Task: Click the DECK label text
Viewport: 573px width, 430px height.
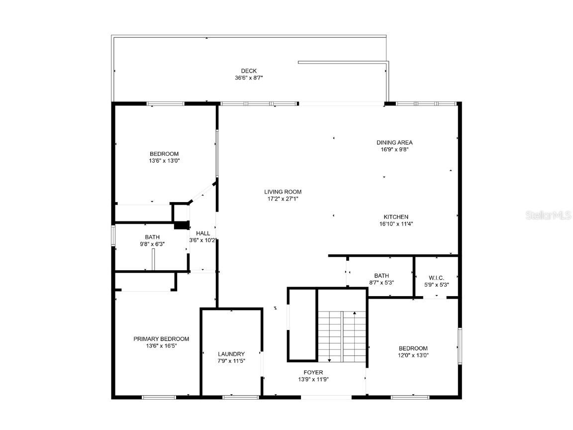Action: click(x=249, y=71)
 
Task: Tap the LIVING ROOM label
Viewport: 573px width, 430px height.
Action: click(x=283, y=192)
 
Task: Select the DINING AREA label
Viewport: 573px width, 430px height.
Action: click(x=394, y=142)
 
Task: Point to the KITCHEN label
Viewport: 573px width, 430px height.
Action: click(x=396, y=217)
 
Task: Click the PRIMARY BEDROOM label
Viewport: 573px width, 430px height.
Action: click(x=161, y=339)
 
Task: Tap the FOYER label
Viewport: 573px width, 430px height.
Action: click(x=313, y=372)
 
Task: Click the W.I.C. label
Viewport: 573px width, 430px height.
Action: click(x=436, y=278)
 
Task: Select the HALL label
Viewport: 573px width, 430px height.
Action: click(x=203, y=233)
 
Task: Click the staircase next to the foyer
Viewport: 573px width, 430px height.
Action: click(x=342, y=336)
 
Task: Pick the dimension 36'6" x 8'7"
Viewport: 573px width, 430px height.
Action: click(x=249, y=78)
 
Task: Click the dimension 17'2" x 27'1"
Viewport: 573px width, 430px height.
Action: click(x=283, y=199)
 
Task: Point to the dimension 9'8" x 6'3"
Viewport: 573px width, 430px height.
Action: click(x=152, y=244)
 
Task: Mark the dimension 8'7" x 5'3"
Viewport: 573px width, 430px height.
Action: click(x=382, y=283)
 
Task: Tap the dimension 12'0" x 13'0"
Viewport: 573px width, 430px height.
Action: click(x=413, y=355)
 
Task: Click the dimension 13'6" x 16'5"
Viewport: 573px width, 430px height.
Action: click(x=161, y=346)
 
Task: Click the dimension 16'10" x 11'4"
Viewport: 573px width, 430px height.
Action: click(x=396, y=224)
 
